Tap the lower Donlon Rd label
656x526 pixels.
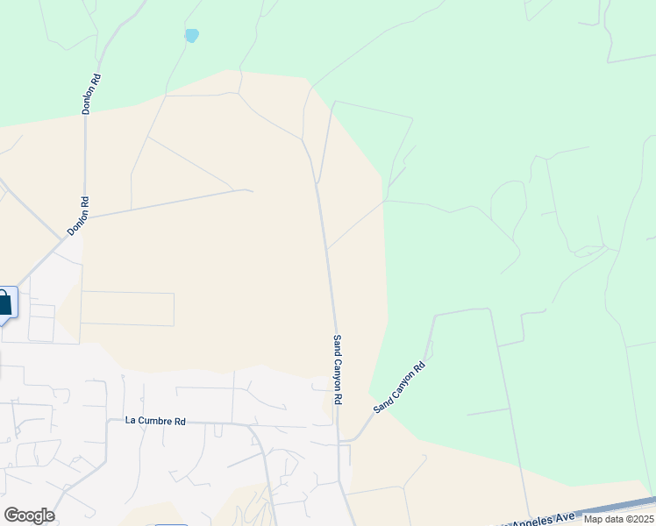[78, 216]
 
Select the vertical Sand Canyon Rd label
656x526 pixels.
[337, 369]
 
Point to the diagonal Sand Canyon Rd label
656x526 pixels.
[399, 387]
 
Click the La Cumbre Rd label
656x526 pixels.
[155, 421]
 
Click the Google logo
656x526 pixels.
[29, 515]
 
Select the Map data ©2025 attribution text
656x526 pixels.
[618, 519]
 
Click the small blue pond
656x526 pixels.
[191, 36]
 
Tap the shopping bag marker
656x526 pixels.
[4, 303]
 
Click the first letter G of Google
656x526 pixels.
[11, 515]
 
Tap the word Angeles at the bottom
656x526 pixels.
[531, 521]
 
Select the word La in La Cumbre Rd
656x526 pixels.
[131, 421]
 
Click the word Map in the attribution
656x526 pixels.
[593, 519]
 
